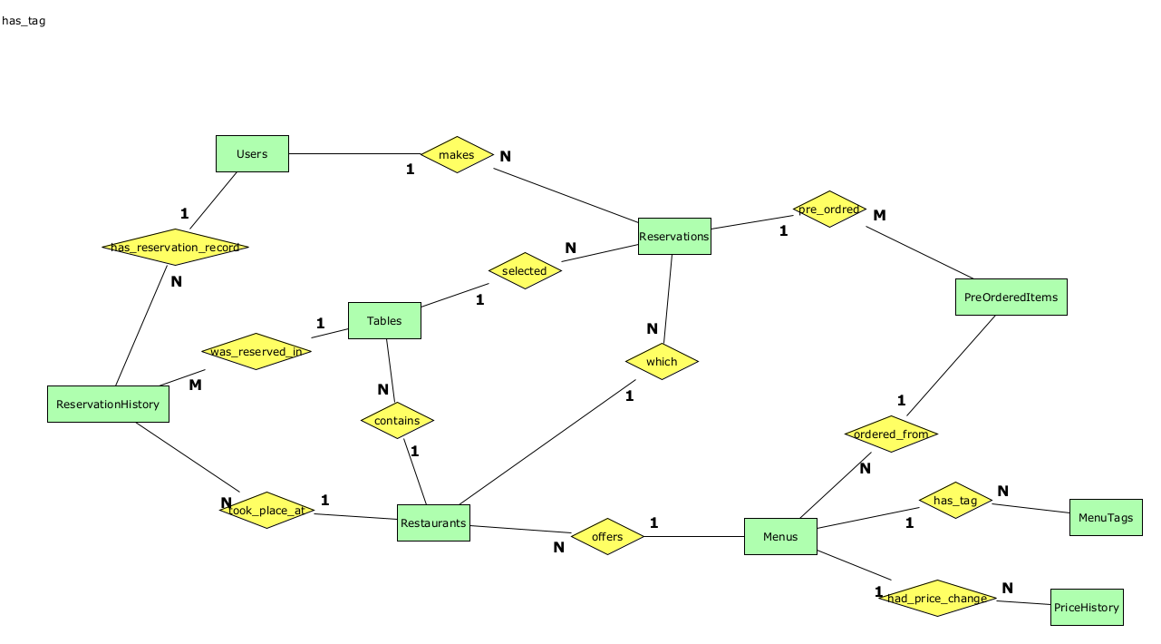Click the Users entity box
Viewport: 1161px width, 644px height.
(x=252, y=154)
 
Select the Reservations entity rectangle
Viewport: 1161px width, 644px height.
(x=674, y=237)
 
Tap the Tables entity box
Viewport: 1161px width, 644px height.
(x=384, y=321)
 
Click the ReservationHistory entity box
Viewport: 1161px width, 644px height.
(x=108, y=405)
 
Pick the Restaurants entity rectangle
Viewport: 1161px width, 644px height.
(x=433, y=523)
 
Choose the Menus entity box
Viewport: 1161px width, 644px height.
(x=780, y=537)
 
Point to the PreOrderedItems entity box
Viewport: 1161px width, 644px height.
(x=1011, y=298)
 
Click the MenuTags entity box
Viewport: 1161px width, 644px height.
(x=1106, y=518)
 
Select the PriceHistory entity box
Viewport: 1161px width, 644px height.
(x=1087, y=608)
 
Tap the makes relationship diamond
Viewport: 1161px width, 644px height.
(x=457, y=155)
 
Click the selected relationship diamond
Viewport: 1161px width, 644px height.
(x=525, y=271)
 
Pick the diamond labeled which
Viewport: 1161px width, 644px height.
(x=662, y=362)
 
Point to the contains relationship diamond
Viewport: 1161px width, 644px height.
(x=397, y=421)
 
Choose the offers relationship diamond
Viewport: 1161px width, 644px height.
(x=607, y=537)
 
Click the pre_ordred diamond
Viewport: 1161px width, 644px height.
(x=829, y=210)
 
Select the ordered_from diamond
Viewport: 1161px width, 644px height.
(x=891, y=434)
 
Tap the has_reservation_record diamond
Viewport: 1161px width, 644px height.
(x=175, y=247)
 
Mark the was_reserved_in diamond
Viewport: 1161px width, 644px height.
(x=256, y=352)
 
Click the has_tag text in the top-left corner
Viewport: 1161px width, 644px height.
(x=24, y=21)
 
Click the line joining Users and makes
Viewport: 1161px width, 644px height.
(x=354, y=154)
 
